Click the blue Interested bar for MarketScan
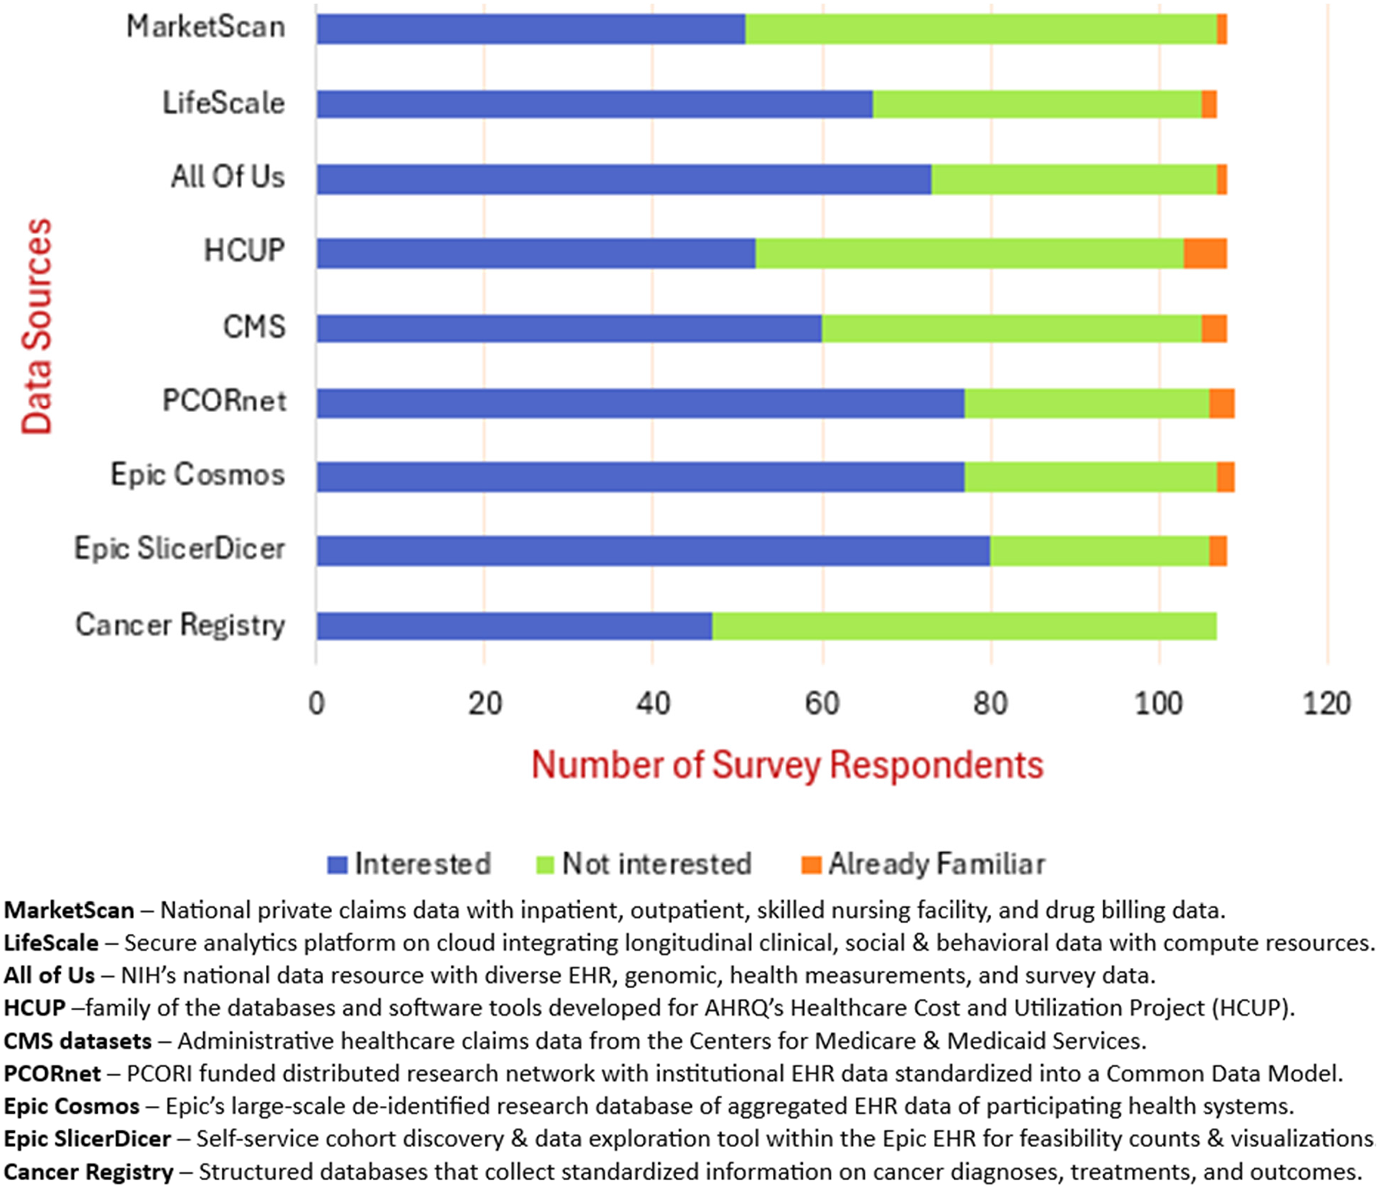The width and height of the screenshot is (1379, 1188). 531,29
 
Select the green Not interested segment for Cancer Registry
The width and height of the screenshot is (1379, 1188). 964,626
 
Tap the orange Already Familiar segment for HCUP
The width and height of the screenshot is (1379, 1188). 1205,253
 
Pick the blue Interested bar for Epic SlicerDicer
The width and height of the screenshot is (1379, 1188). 654,551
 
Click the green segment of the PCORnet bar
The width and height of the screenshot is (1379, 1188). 1087,403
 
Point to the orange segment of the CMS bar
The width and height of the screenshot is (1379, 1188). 1215,328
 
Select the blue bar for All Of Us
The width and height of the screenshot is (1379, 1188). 624,179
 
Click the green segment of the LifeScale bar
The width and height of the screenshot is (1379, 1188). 1038,104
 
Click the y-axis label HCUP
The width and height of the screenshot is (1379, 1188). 244,251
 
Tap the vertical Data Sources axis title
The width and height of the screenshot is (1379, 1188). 36,326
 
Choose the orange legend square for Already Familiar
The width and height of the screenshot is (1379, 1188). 811,864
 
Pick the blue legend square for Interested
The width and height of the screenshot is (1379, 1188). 338,864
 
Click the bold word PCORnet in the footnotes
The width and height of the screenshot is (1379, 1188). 52,1073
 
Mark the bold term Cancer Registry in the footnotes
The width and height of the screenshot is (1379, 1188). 88,1171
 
